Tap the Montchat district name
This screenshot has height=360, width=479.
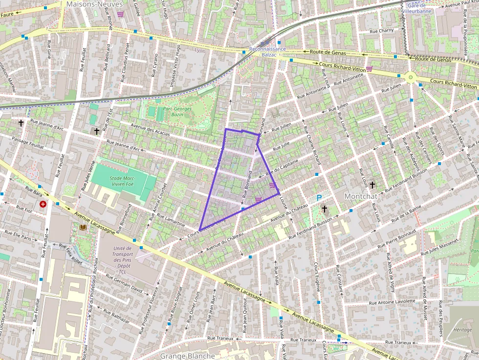362,196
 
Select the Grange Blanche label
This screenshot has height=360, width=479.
187,356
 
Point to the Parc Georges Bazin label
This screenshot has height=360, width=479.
177,112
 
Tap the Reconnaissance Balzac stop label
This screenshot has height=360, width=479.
267,52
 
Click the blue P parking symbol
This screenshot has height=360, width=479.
319,198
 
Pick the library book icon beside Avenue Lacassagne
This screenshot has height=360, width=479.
83,227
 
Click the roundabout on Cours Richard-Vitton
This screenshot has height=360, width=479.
411,77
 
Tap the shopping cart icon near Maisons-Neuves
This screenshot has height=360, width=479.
120,14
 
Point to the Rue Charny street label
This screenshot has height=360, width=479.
381,31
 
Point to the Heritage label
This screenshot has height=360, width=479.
462,330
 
